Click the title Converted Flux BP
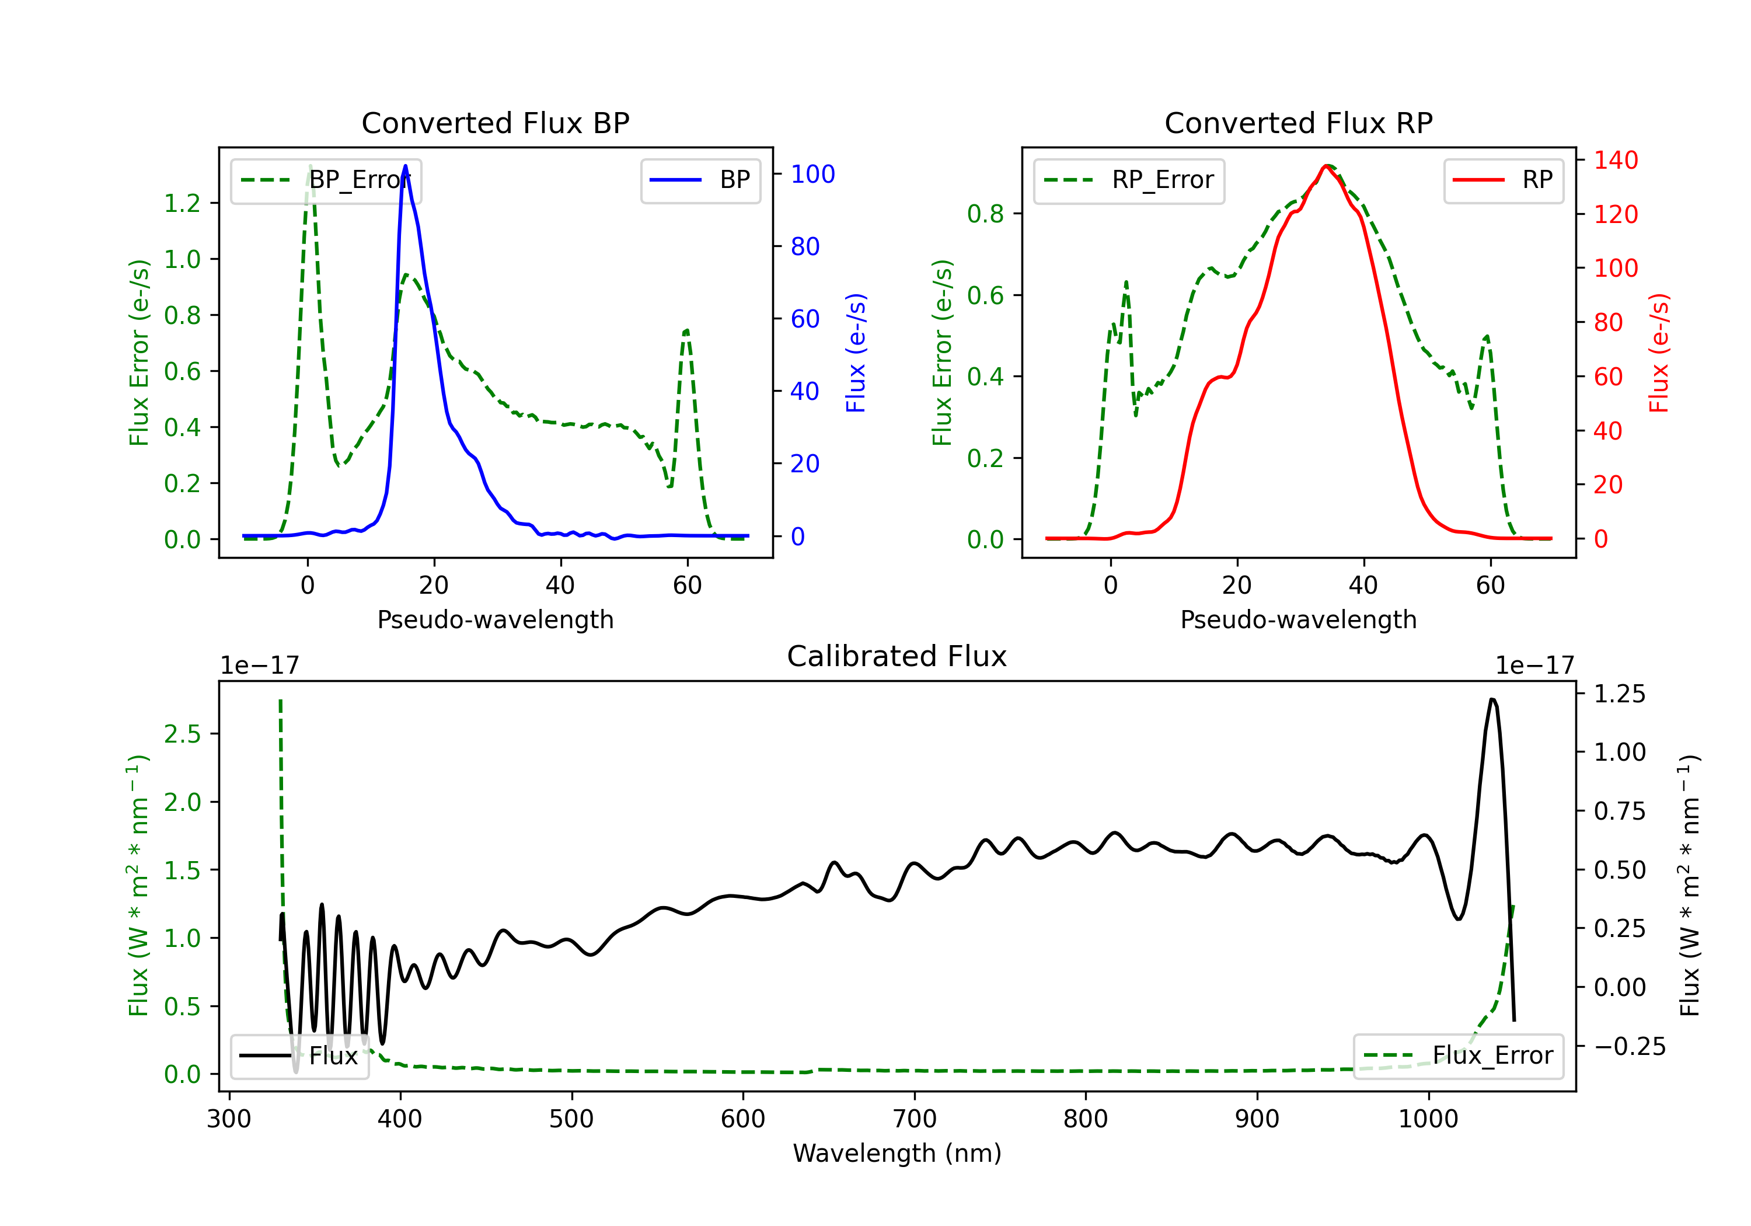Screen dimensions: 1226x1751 (495, 123)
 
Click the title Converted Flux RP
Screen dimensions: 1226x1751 (1298, 123)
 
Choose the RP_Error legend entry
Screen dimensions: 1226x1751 (1129, 180)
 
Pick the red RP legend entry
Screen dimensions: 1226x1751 (1503, 180)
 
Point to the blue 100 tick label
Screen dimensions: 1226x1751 (812, 174)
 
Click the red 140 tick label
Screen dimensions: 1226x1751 (1615, 160)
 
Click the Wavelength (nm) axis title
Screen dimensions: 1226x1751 (897, 1153)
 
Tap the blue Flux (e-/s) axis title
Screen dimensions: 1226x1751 (856, 353)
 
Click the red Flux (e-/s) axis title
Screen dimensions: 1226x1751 (1659, 353)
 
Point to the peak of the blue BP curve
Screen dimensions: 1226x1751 (405, 166)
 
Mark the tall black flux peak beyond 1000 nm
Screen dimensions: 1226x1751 (1492, 699)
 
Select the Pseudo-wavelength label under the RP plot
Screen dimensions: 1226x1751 (1298, 619)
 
